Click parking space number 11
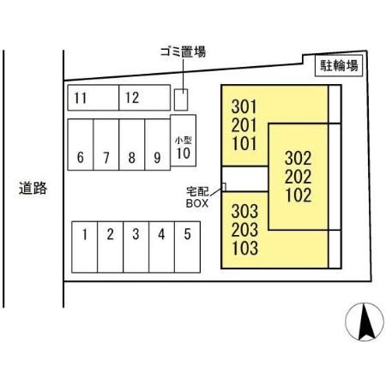93,98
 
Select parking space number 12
145,98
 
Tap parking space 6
81,145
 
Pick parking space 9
158,145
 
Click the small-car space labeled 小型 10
184,141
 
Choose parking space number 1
85,247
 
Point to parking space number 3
136,247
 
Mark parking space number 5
187,247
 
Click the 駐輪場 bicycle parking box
339,66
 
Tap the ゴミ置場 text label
183,52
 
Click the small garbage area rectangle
181,100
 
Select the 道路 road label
33,188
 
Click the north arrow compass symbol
365,322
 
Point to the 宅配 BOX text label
197,197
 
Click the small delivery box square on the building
224,187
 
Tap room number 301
244,106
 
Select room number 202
299,177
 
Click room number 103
245,248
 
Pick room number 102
299,196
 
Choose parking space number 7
106,145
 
